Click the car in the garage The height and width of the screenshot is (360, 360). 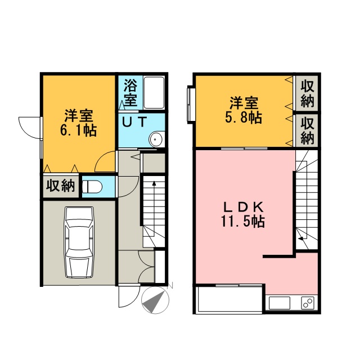coord(79,243)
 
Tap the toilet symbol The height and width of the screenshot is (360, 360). coord(92,187)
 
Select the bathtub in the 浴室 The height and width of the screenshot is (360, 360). coord(154,93)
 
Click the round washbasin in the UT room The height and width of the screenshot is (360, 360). coord(156,139)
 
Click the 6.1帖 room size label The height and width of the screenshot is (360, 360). coord(79,130)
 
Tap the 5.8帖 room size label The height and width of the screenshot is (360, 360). coord(244,118)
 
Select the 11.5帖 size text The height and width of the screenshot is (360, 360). coord(243,221)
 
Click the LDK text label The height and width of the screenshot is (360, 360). coord(244,208)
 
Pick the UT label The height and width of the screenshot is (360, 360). coord(134,122)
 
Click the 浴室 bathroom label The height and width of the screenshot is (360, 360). coord(130,92)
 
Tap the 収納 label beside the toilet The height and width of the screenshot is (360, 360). coord(61,186)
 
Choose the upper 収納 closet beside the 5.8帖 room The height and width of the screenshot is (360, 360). coord(307,94)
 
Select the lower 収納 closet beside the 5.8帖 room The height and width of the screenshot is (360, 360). coord(307,130)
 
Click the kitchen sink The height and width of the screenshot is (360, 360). coord(280,303)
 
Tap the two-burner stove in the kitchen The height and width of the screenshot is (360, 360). coord(308,303)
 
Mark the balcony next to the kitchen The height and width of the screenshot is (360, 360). coord(230,299)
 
